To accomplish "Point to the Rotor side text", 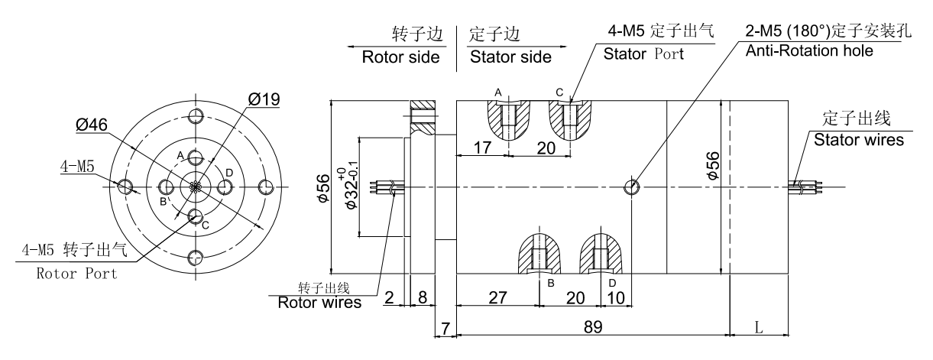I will (400, 57).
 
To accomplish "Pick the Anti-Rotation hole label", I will (809, 50).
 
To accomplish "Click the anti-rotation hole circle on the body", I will (632, 187).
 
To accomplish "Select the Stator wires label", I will (859, 140).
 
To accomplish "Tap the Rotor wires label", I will (319, 302).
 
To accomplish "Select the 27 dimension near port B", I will (497, 297).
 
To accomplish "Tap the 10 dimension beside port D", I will (617, 297).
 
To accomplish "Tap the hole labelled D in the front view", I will (226, 187).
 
